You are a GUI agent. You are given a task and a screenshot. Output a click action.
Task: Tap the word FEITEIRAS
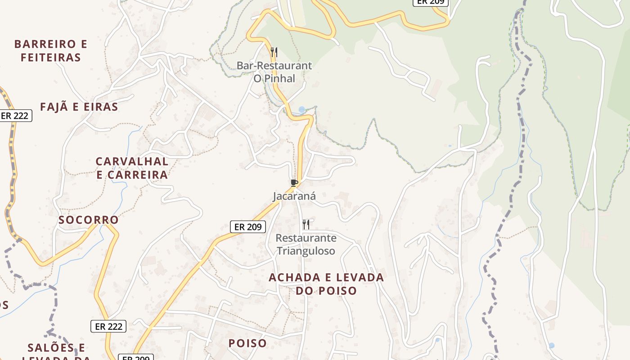click(51, 58)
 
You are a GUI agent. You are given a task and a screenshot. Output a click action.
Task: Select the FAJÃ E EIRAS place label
click(79, 107)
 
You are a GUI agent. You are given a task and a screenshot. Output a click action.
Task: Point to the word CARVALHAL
click(132, 162)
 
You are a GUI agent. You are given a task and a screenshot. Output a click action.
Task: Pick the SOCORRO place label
click(89, 220)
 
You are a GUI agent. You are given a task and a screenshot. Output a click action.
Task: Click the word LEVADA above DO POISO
click(358, 278)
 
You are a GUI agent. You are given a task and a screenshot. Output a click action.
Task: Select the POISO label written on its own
click(247, 343)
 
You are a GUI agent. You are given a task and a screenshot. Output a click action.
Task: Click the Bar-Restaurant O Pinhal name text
click(274, 72)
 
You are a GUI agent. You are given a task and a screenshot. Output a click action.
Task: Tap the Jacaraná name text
click(294, 196)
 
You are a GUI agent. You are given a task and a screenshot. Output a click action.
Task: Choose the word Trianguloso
click(306, 251)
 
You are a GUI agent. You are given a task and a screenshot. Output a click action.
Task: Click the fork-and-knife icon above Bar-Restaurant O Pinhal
click(274, 52)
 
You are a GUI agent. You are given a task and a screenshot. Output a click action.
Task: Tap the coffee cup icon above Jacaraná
click(294, 183)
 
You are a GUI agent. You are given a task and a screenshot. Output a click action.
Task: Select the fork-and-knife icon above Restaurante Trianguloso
click(306, 224)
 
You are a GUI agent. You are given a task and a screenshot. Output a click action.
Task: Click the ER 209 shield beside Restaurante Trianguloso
click(248, 227)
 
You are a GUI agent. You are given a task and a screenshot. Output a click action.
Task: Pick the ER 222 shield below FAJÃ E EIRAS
click(14, 116)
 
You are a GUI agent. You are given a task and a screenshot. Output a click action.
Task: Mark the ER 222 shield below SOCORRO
click(108, 326)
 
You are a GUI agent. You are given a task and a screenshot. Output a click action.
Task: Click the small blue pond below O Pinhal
click(301, 110)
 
